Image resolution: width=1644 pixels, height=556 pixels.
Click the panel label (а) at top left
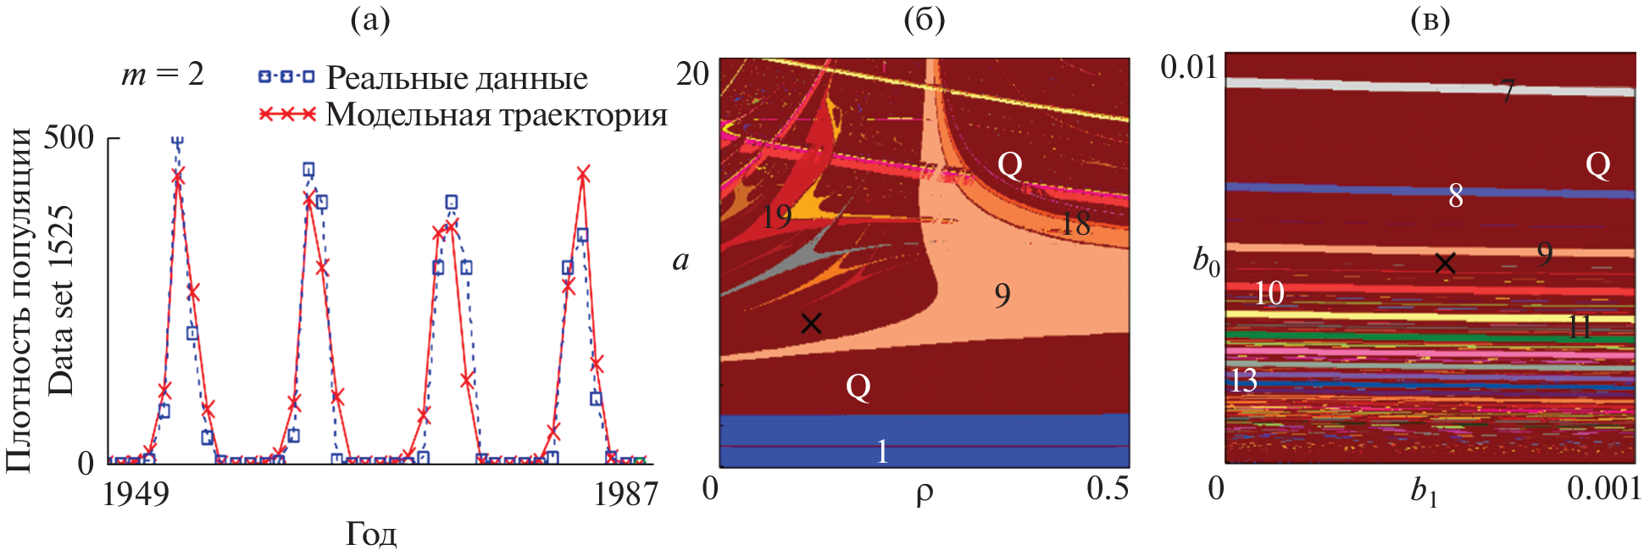click(x=370, y=19)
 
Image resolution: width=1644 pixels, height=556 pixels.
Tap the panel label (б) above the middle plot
click(x=924, y=19)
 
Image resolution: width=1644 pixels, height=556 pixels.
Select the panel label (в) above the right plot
click(x=1430, y=19)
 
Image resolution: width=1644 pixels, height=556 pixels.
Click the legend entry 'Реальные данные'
click(x=456, y=78)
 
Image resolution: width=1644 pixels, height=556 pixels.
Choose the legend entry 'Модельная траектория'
click(x=496, y=114)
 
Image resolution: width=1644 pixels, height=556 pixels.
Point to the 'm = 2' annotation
click(x=163, y=75)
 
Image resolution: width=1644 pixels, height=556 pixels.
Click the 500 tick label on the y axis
click(x=69, y=136)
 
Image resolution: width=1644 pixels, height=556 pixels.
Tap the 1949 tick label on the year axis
click(x=136, y=493)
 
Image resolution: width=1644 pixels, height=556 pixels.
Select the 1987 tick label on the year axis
click(x=625, y=493)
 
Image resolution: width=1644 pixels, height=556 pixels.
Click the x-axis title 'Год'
click(x=370, y=534)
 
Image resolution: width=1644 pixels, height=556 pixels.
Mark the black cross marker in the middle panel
click(x=811, y=323)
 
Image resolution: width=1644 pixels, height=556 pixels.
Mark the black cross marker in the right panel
click(x=1445, y=264)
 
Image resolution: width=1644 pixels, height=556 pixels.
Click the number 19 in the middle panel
click(x=775, y=217)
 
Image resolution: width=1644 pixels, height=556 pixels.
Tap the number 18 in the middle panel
click(x=1075, y=224)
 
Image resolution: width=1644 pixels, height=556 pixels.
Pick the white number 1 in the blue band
click(x=882, y=451)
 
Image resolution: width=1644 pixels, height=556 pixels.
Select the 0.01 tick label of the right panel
click(x=1188, y=67)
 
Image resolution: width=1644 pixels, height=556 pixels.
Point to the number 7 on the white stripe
click(x=1507, y=91)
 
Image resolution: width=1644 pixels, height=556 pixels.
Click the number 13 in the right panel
click(x=1243, y=381)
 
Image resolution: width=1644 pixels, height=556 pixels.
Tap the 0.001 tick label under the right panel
click(x=1603, y=489)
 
